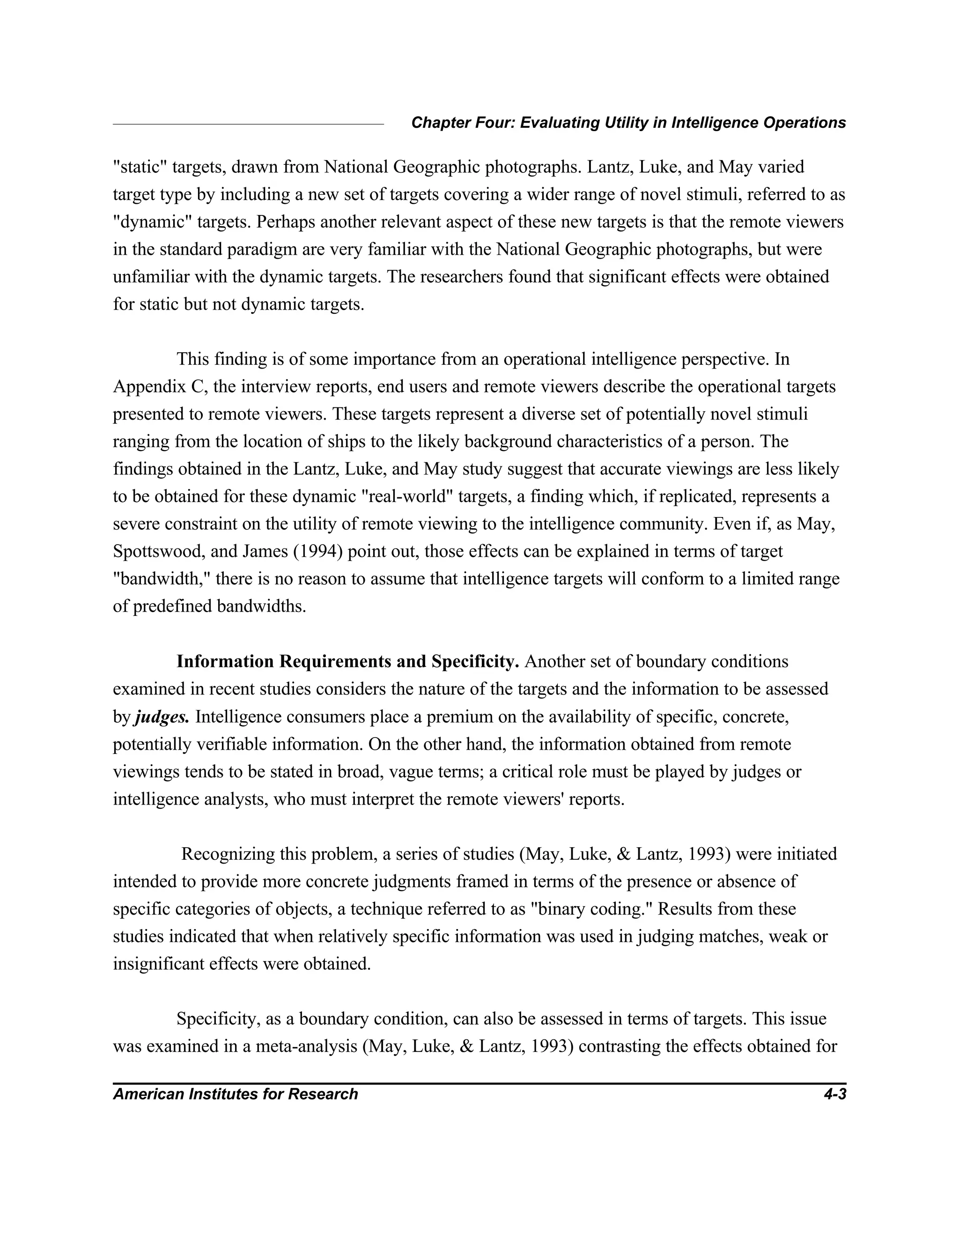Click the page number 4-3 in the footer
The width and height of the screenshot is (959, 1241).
[x=834, y=1094]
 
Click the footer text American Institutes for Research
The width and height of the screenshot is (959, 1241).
[x=235, y=1094]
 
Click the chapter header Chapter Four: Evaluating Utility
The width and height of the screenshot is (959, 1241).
[x=628, y=123]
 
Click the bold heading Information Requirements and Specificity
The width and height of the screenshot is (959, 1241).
[x=348, y=661]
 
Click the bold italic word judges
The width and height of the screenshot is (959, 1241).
[x=162, y=717]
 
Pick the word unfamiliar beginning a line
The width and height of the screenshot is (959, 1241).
[x=151, y=277]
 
